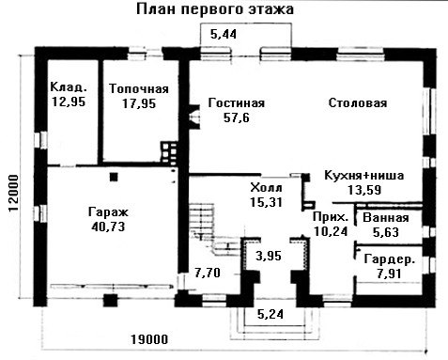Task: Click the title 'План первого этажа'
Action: tap(215, 9)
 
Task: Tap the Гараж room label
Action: tap(108, 212)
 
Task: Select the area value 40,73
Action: tap(108, 227)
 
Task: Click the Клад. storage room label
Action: tap(69, 87)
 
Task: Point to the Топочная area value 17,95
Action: tap(139, 103)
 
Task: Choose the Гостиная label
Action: tap(237, 102)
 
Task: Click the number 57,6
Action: tap(237, 117)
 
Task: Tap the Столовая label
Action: tap(358, 102)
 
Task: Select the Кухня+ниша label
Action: tap(363, 175)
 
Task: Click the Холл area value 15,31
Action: tap(267, 202)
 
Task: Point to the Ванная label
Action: tap(386, 218)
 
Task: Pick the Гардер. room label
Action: tap(390, 259)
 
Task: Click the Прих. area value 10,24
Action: tap(331, 231)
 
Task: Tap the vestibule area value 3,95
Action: tap(269, 256)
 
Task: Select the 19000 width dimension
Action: tap(149, 339)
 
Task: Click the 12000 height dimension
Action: tap(14, 194)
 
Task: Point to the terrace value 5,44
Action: tap(224, 34)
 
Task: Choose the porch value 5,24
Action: tap(270, 314)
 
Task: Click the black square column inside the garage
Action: tap(114, 177)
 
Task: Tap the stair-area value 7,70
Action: tap(208, 273)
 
